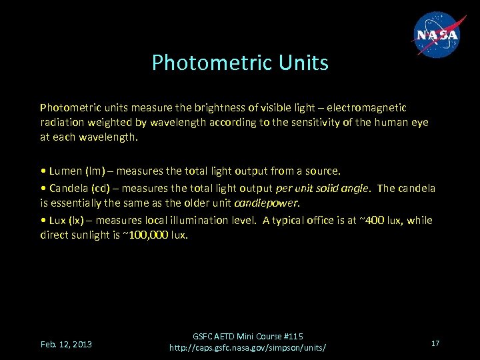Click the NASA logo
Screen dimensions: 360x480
tap(438, 35)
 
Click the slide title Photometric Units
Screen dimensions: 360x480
tap(240, 63)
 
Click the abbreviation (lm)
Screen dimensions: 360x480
tap(95, 171)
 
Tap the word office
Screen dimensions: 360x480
tap(309, 220)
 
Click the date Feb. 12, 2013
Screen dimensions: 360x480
tap(66, 344)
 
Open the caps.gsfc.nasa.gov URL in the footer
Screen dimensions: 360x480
tap(247, 348)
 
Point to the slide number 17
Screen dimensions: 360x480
tap(435, 343)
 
